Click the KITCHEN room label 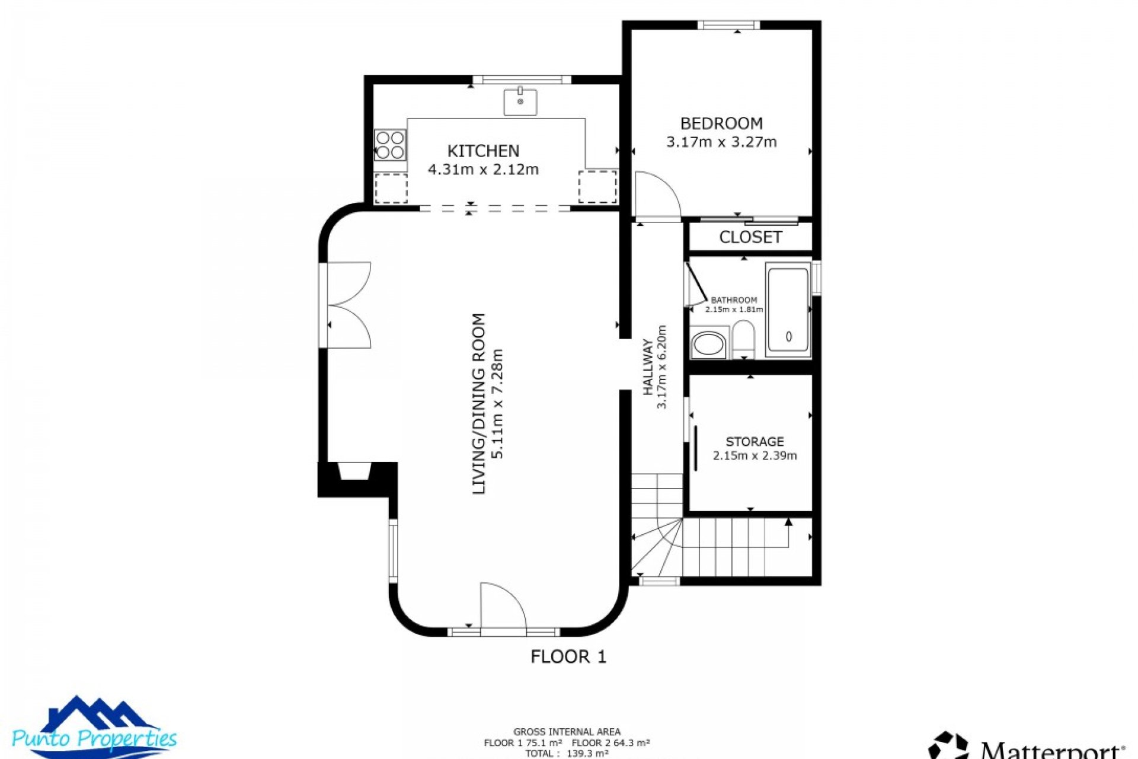[483, 151]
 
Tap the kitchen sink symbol [520, 102]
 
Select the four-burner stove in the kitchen [390, 145]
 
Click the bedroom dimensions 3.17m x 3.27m [721, 142]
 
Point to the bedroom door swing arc [658, 193]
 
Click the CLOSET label [750, 237]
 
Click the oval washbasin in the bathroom [708, 344]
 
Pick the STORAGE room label [755, 442]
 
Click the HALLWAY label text [648, 367]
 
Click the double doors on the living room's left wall [349, 305]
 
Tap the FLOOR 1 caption [568, 656]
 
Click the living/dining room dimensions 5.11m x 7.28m [497, 403]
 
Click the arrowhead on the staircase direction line [788, 522]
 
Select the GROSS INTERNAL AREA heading [567, 732]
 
